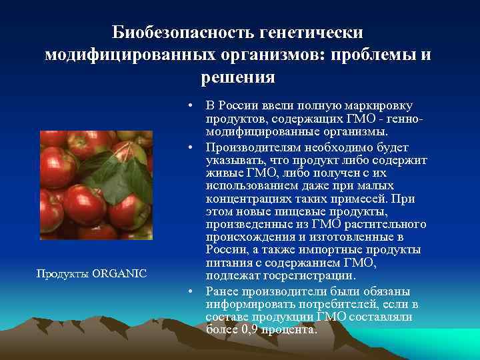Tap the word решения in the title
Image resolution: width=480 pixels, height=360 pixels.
238,77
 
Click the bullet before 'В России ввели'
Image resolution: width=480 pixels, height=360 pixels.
191,107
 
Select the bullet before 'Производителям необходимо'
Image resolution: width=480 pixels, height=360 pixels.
191,147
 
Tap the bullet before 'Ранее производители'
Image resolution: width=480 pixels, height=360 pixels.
191,291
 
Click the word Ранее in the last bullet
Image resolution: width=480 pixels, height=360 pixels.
222,291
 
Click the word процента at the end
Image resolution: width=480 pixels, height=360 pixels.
289,330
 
